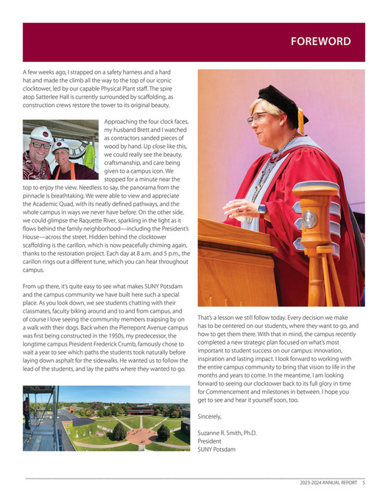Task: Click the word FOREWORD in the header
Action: (x=320, y=41)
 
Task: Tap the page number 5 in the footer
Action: (x=363, y=483)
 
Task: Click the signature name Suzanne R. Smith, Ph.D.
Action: (x=227, y=432)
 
